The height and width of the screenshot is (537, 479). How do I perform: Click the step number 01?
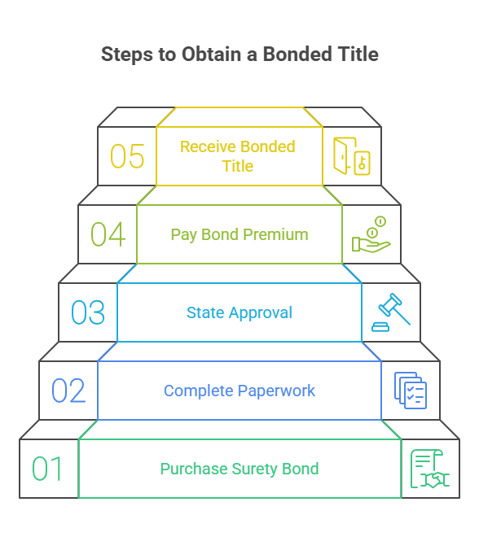click(47, 469)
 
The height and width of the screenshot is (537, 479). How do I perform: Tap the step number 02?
click(68, 391)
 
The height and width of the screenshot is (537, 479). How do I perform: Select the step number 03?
click(88, 312)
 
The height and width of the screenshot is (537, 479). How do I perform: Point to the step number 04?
click(108, 234)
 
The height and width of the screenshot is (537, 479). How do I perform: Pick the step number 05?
click(127, 156)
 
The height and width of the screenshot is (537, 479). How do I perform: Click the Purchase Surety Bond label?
click(239, 469)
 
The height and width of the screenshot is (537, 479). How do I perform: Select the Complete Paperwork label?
click(239, 391)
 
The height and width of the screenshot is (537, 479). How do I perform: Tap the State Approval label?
click(239, 312)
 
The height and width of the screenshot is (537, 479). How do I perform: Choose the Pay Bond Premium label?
click(239, 234)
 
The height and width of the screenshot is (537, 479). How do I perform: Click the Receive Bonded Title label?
click(238, 156)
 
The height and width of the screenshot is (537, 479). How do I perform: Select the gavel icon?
click(391, 312)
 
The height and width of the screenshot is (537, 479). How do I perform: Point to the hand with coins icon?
click(371, 234)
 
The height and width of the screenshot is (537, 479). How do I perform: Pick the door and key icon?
click(352, 156)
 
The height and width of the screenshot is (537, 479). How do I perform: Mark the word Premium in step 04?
click(277, 234)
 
